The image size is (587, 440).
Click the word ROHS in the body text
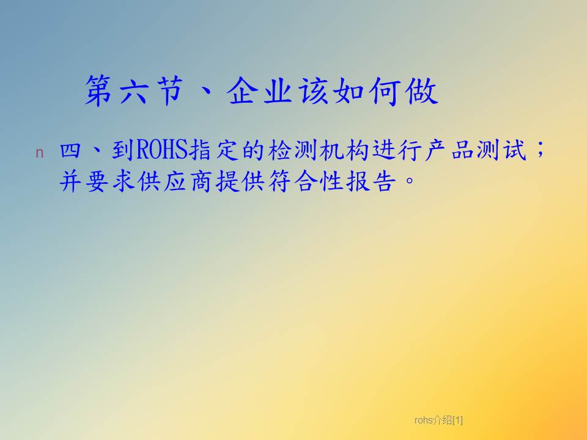(161, 150)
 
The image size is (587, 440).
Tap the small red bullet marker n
(39, 153)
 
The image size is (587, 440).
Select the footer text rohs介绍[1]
(438, 420)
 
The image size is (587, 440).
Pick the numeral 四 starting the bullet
(70, 150)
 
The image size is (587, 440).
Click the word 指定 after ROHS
(214, 150)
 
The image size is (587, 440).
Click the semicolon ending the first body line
(540, 150)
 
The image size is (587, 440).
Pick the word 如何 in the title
(366, 91)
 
